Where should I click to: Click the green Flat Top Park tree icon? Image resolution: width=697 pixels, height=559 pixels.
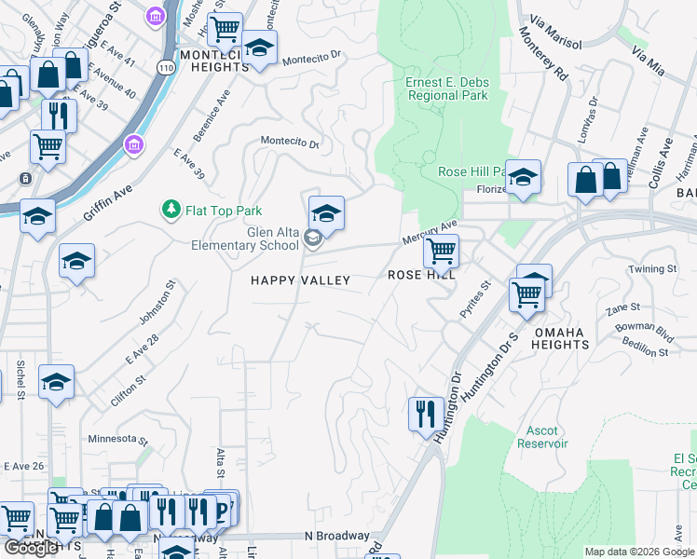pyautogui.click(x=171, y=211)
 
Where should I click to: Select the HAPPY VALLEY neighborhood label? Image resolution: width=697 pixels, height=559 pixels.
pyautogui.click(x=300, y=280)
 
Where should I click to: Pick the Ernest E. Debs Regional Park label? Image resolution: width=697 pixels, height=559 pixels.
pyautogui.click(x=447, y=89)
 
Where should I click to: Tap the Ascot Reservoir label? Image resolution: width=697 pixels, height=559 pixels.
pyautogui.click(x=542, y=437)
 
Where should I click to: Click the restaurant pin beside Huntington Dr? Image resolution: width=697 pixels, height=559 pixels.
pyautogui.click(x=425, y=411)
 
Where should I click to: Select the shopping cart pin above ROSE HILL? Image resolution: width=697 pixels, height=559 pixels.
pyautogui.click(x=440, y=250)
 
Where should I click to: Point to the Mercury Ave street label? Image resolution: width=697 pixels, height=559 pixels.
pyautogui.click(x=430, y=232)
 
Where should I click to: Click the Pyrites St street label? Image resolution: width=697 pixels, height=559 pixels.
pyautogui.click(x=473, y=301)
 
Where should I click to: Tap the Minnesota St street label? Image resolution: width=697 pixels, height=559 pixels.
pyautogui.click(x=118, y=439)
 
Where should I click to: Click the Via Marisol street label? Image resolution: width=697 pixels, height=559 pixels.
pyautogui.click(x=554, y=32)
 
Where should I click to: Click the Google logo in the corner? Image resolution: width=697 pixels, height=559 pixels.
pyautogui.click(x=32, y=548)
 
